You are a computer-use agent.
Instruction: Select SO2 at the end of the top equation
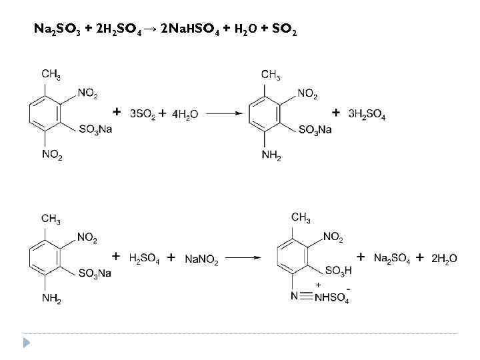point(284,31)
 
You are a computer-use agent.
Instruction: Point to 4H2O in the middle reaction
point(185,115)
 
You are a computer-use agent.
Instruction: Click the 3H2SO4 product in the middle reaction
point(367,115)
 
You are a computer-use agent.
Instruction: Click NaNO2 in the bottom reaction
point(201,259)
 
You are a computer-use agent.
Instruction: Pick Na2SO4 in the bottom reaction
point(392,259)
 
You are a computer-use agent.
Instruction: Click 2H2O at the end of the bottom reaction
point(444,259)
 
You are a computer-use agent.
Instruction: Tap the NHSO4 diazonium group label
point(331,298)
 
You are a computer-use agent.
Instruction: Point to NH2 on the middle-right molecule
point(271,156)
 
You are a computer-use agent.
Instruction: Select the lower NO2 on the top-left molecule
point(52,155)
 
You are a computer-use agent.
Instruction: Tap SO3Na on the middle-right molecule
point(315,129)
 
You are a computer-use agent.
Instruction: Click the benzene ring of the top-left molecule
point(44,115)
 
